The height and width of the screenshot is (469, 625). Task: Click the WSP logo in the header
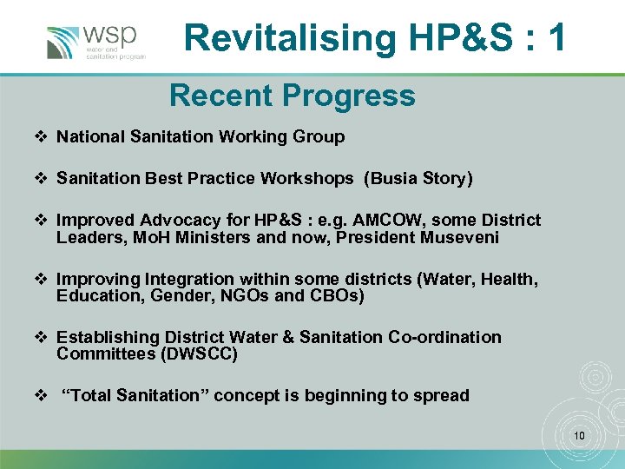click(95, 43)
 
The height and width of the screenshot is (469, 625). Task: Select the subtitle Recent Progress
click(292, 96)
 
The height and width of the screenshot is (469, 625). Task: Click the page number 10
click(580, 433)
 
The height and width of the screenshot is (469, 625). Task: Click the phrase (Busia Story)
click(418, 179)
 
